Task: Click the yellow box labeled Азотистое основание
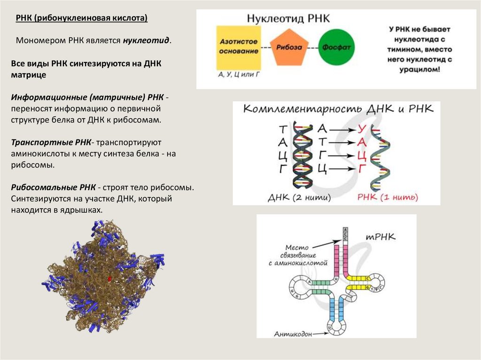coord(239,47)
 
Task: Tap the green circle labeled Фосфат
coord(337,48)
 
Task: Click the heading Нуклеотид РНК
coord(288,19)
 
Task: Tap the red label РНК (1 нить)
coord(388,197)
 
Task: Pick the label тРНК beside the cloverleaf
coord(380,237)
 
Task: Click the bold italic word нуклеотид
coord(146,41)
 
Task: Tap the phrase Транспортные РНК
coord(51,142)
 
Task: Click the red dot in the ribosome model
coord(109,278)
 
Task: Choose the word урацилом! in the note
coord(414,69)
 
